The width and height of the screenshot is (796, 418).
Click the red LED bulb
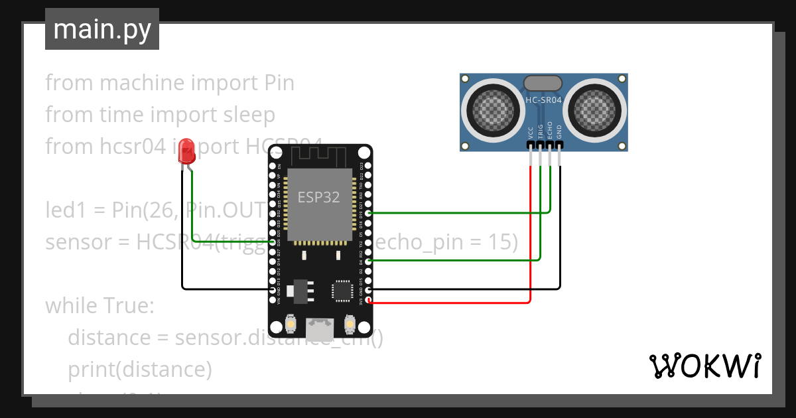187,151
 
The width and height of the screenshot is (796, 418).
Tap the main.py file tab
102,29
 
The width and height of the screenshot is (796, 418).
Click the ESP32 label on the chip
318,197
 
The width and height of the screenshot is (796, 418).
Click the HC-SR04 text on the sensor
543,100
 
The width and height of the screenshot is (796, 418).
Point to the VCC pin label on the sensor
531,132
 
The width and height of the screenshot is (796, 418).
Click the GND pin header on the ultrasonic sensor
560,145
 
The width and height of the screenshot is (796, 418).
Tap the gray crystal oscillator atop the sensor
543,83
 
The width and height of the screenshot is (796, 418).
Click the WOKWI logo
704,366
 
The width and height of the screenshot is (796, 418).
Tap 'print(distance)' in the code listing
139,370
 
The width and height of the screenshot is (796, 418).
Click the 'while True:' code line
99,306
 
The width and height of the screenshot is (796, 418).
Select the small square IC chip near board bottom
342,290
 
